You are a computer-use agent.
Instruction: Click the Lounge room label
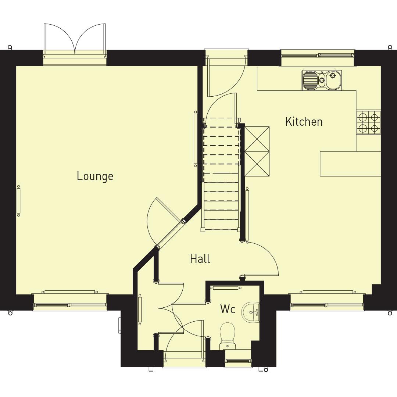click(x=95, y=176)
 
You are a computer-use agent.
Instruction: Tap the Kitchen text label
click(x=304, y=122)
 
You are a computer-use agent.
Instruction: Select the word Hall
click(x=200, y=259)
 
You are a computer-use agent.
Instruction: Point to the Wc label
click(x=228, y=309)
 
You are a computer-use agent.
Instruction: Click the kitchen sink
click(x=322, y=80)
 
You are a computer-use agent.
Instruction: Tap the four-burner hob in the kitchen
click(x=368, y=122)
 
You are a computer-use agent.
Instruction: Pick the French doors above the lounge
click(x=75, y=40)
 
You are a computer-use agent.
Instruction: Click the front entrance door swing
click(x=184, y=340)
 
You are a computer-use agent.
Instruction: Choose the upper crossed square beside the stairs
click(x=257, y=139)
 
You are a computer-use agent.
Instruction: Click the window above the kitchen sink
click(x=318, y=56)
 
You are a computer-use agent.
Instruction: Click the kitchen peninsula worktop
click(x=350, y=164)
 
